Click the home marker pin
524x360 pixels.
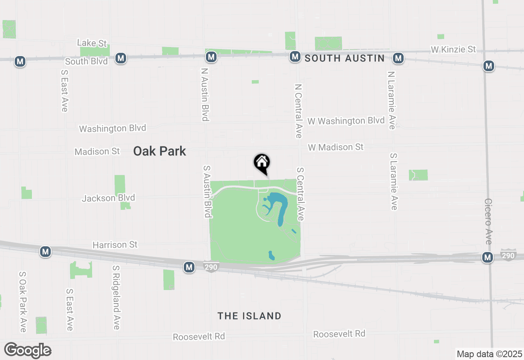[262, 163]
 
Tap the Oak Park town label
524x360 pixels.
[160, 151]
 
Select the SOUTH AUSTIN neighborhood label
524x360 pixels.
[345, 59]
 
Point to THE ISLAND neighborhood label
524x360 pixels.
[249, 316]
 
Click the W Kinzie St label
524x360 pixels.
[453, 49]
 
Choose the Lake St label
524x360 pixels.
[92, 43]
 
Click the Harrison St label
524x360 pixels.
[115, 245]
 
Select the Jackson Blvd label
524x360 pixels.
[108, 198]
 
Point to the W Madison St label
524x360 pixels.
[336, 147]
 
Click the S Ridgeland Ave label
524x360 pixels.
[116, 297]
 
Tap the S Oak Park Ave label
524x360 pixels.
[23, 302]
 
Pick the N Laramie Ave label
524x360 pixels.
[392, 100]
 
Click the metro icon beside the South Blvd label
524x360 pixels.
[120, 58]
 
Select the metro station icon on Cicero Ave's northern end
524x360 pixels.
[488, 65]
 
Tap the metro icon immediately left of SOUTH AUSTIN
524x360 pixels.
[295, 57]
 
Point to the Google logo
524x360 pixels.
[27, 351]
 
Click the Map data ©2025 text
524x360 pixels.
[489, 354]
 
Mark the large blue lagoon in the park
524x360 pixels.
[280, 205]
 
